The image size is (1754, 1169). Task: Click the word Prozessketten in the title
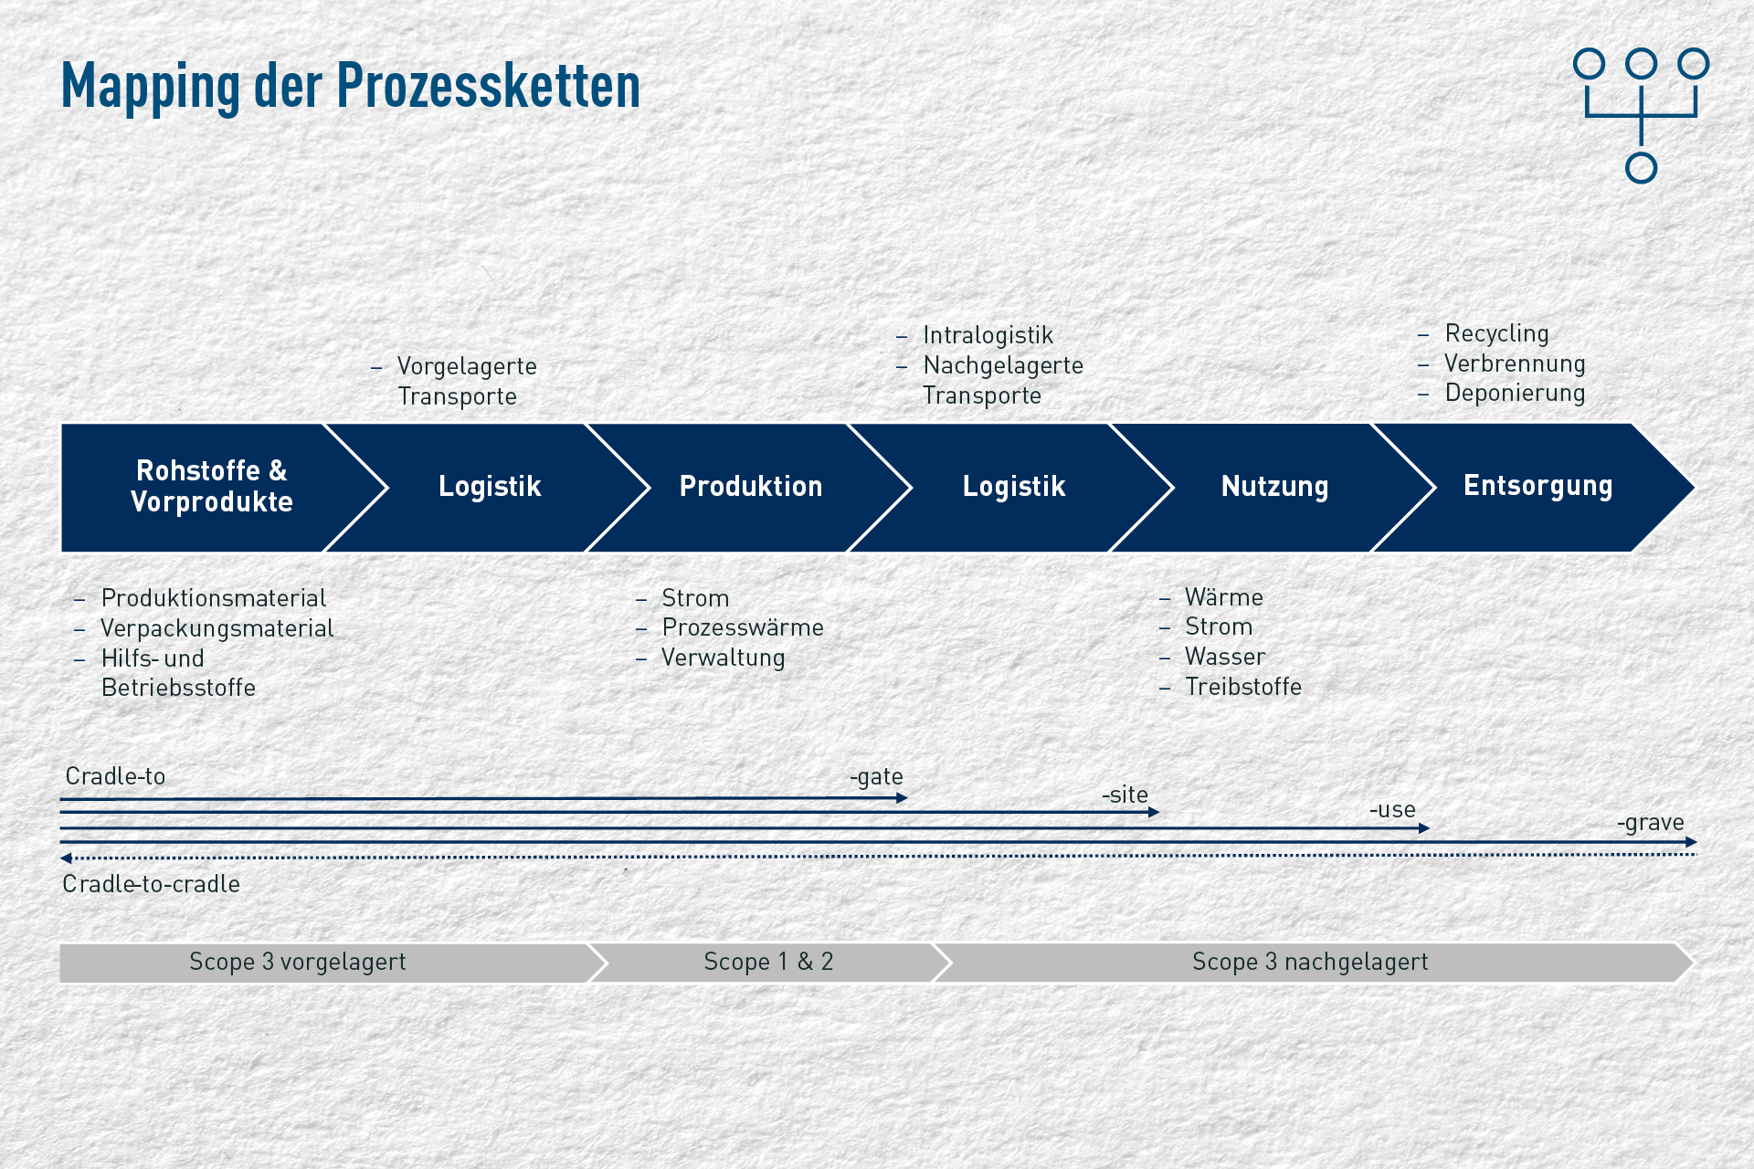[489, 87]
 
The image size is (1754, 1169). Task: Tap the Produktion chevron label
[751, 486]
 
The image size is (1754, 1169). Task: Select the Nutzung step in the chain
[1274, 487]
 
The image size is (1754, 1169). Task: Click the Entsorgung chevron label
[1538, 486]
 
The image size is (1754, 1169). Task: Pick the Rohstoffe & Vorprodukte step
[212, 487]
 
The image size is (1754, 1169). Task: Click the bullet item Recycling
[1496, 333]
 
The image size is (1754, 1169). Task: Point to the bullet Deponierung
[1515, 393]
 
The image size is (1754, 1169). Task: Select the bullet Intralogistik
[988, 335]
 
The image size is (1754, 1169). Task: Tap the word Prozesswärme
[743, 627]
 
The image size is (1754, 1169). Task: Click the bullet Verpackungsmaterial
[217, 628]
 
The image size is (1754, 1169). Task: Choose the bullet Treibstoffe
[1243, 687]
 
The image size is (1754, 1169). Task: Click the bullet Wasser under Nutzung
[1225, 657]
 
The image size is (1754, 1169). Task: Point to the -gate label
[876, 777]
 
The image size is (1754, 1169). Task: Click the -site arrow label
[1125, 795]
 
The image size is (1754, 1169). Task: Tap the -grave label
[1650, 823]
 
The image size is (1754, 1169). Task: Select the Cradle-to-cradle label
[151, 884]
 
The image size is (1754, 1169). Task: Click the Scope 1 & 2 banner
[768, 962]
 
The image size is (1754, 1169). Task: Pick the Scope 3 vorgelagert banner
[324, 962]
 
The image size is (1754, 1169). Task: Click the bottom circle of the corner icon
[1641, 168]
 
